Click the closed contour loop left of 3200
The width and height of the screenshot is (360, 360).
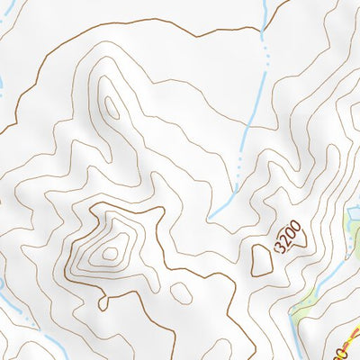(262, 260)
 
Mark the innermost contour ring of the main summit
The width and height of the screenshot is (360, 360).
(111, 253)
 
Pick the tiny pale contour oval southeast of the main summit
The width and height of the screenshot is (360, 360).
(182, 292)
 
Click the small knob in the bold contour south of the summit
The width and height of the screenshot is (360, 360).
(103, 302)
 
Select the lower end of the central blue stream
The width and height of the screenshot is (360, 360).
(211, 218)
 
